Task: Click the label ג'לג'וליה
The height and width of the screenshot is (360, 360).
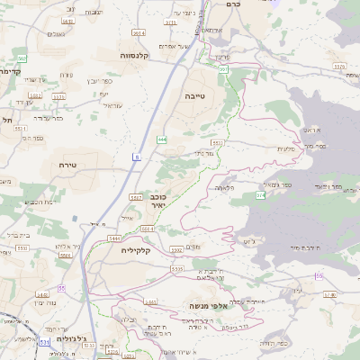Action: pos(71,339)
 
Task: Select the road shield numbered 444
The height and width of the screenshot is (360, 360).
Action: pos(161,139)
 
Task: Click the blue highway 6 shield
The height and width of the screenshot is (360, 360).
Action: pos(137,157)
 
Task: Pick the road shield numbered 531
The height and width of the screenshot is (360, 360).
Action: pos(44,343)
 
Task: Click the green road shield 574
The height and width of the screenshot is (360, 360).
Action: pos(260,194)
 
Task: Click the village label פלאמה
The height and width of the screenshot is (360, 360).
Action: pos(225,188)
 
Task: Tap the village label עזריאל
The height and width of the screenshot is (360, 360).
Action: pos(112,105)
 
